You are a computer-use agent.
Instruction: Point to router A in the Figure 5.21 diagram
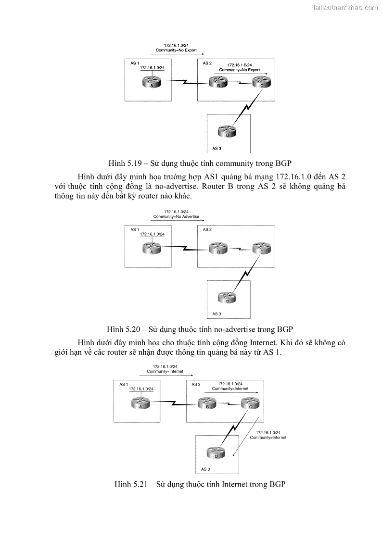click(x=140, y=403)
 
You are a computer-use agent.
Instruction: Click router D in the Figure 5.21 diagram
click(x=216, y=453)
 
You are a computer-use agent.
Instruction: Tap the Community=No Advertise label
click(x=176, y=217)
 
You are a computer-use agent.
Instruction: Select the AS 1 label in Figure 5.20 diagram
click(x=135, y=229)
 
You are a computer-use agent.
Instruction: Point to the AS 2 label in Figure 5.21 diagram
click(x=196, y=384)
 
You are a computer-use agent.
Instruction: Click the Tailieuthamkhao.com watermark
click(x=345, y=7)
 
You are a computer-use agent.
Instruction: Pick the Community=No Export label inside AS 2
click(x=239, y=70)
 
